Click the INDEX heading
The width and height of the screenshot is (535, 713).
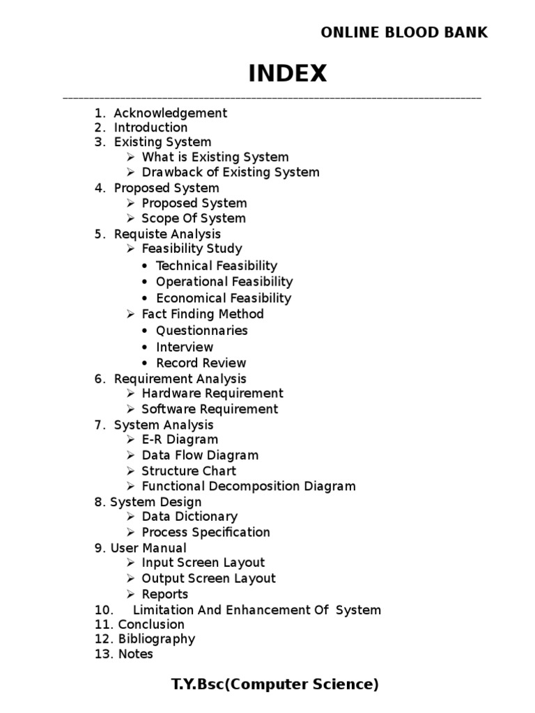pos(288,73)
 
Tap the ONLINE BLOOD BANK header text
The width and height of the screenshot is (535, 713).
pos(404,32)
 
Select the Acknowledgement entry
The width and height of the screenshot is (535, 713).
pos(170,113)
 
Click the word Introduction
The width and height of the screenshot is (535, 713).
pos(150,127)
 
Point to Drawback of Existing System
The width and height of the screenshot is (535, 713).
pos(231,172)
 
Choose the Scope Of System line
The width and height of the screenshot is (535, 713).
pos(194,218)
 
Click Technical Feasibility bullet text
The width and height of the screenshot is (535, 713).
pos(216,265)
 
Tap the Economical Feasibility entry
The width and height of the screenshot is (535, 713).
pos(224,298)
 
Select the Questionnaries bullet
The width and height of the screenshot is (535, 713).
pos(201,330)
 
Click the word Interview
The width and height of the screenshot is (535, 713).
pos(185,347)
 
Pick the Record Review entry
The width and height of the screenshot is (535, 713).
pos(201,363)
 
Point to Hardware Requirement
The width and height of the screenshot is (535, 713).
pos(212,393)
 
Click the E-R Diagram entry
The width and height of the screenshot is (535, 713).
pos(180,439)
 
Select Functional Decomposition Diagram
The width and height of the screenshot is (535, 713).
pos(249,486)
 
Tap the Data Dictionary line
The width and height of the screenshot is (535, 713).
pos(189,517)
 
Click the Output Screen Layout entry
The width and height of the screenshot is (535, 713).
pos(208,578)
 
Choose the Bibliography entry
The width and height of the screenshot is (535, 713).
pos(157,638)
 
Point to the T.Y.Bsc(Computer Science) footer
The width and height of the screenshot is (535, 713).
pos(275,684)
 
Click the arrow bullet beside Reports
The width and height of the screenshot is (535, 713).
pos(131,594)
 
